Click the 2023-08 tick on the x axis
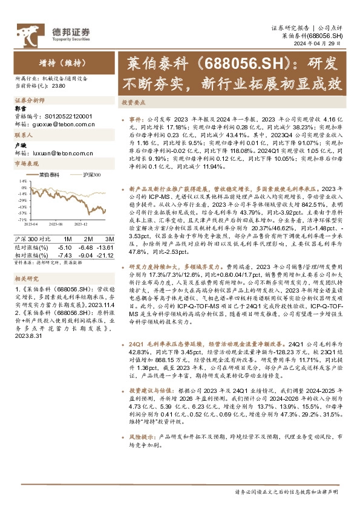click(57, 224)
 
